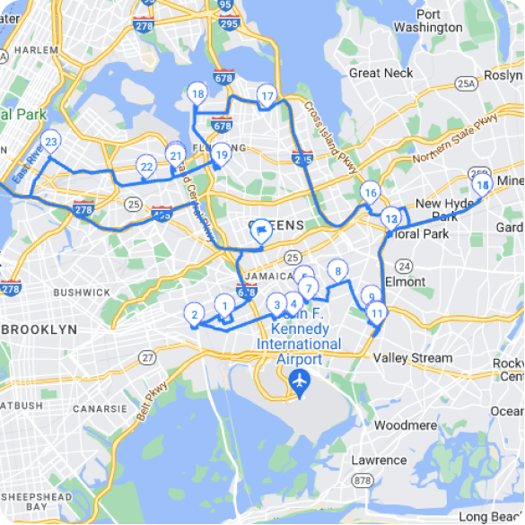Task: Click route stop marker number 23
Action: pyautogui.click(x=51, y=143)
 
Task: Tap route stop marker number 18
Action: pyautogui.click(x=197, y=93)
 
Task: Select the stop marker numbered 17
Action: pyautogui.click(x=266, y=96)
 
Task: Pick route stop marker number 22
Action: pyautogui.click(x=146, y=166)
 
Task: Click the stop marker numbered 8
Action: pyautogui.click(x=337, y=270)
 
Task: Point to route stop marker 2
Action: pyautogui.click(x=193, y=314)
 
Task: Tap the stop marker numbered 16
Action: pyautogui.click(x=370, y=193)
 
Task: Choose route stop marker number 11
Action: pyautogui.click(x=377, y=313)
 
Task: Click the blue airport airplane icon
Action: pyautogui.click(x=300, y=384)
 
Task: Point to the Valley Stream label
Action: pyautogui.click(x=413, y=358)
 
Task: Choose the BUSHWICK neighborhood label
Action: pyautogui.click(x=81, y=292)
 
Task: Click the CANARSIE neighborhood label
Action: pyautogui.click(x=98, y=408)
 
